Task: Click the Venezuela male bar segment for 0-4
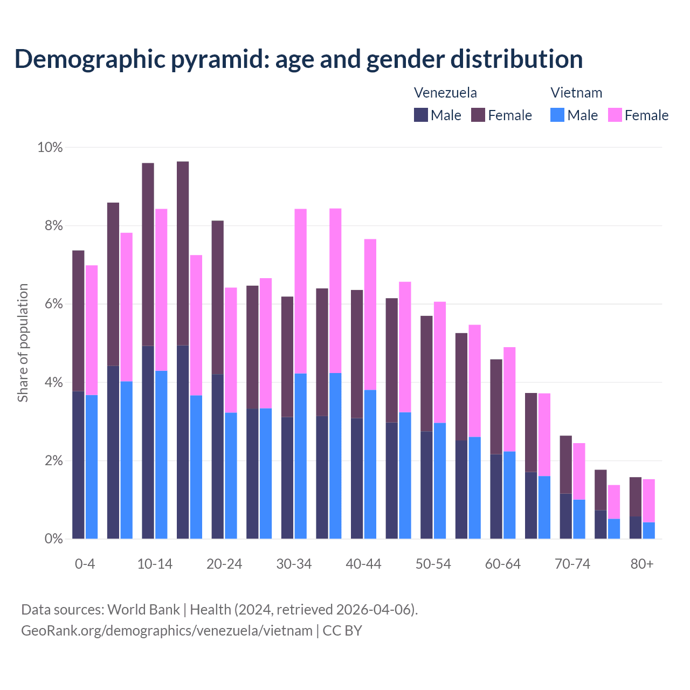tap(78, 465)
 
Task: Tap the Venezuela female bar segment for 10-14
tap(148, 254)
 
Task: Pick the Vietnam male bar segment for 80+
tap(648, 530)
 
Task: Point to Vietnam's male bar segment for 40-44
tap(370, 464)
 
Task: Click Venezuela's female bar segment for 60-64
tap(496, 406)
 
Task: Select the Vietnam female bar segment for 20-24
tap(231, 350)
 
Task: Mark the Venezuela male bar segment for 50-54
tap(426, 485)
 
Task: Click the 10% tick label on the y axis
tap(50, 147)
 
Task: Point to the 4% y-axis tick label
tap(53, 382)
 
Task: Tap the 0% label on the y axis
tap(53, 539)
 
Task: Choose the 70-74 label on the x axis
tap(572, 564)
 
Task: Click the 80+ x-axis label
tap(641, 564)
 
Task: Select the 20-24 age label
tap(224, 564)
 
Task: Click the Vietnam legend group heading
tap(576, 93)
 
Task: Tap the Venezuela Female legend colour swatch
tap(478, 115)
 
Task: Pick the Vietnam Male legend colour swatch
tap(557, 115)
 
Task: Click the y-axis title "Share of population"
tap(23, 343)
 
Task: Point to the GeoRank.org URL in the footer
tap(167, 630)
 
